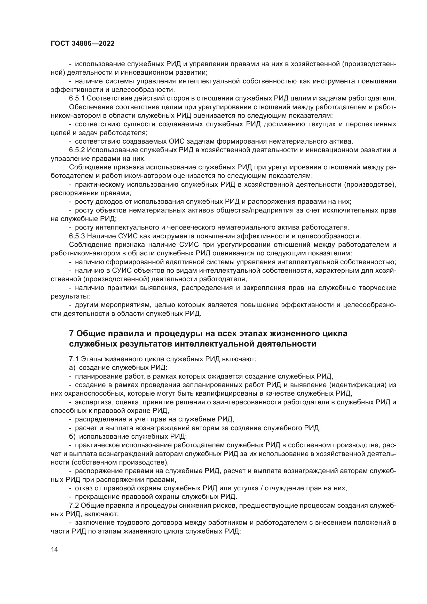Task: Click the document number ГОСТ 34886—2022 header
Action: click(x=83, y=44)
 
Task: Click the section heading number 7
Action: click(x=71, y=334)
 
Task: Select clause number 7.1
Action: click(x=74, y=359)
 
